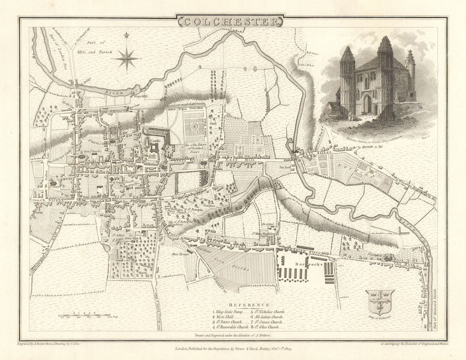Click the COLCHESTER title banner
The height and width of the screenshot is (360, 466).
229,21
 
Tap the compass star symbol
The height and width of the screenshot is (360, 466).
126,59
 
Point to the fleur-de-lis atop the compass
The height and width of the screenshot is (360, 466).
126,37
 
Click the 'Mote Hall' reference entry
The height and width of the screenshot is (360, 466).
226,316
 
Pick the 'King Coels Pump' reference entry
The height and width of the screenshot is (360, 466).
229,311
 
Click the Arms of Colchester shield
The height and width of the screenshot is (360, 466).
380,301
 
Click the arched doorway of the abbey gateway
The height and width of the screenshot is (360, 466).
368,104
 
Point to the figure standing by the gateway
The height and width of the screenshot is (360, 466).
347,113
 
